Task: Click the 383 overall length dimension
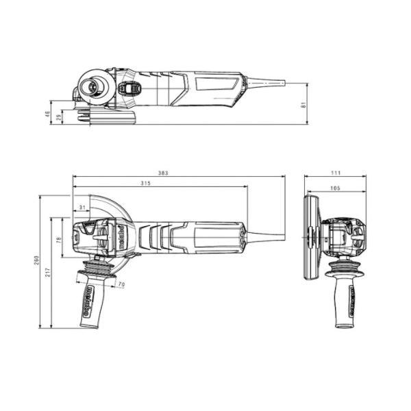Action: (163, 173)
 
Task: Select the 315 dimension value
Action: (145, 184)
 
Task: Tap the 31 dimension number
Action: (82, 208)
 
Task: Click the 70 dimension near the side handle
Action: (121, 284)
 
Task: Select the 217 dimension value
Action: (48, 273)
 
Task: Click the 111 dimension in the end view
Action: (336, 173)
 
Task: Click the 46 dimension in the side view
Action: (48, 114)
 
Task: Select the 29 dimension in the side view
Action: (59, 118)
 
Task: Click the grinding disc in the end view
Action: (311, 236)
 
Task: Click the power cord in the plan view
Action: (264, 237)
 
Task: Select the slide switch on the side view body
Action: (130, 89)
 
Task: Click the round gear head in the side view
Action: (90, 87)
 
